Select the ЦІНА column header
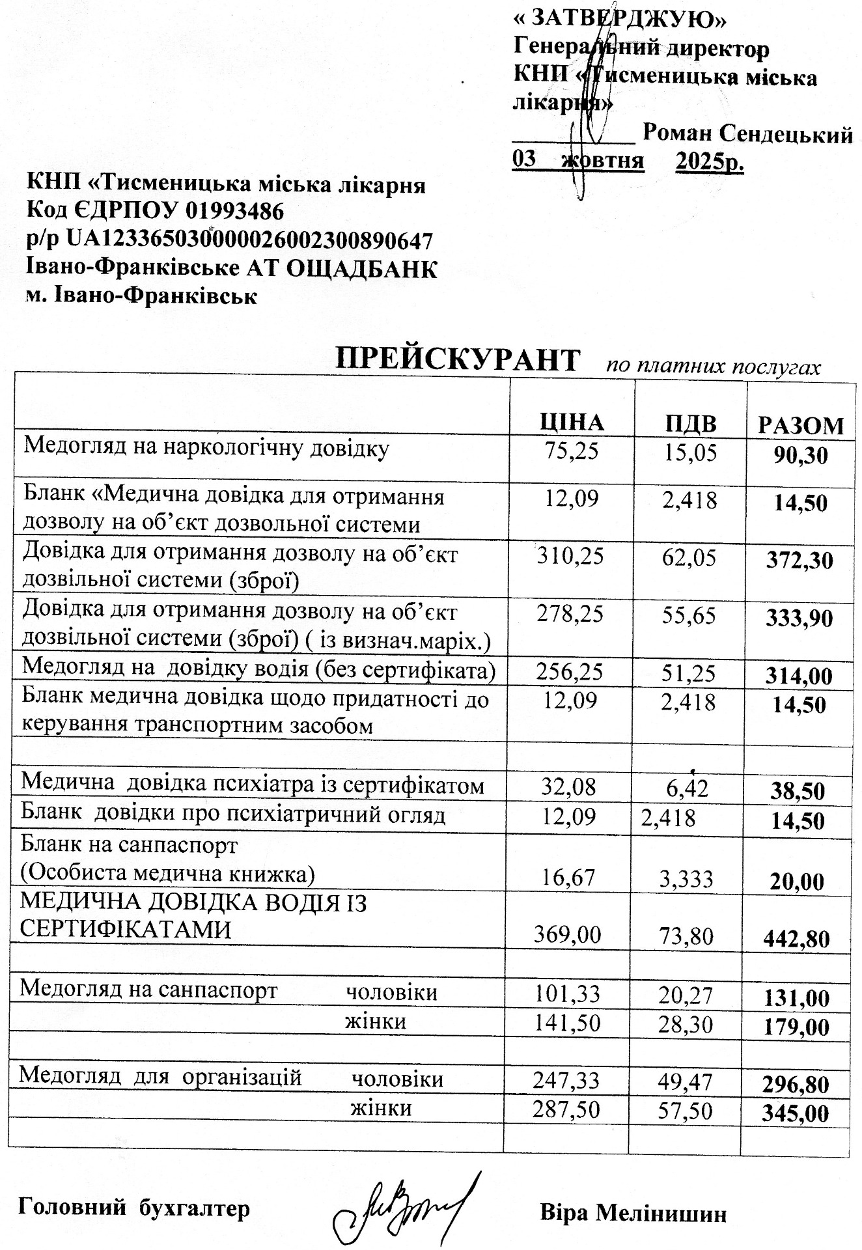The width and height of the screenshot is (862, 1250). (572, 423)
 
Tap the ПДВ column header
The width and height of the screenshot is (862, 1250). (691, 424)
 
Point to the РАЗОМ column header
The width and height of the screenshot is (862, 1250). (801, 426)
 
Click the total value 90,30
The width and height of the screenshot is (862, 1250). (801, 455)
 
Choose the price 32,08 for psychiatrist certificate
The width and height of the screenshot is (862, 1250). (569, 787)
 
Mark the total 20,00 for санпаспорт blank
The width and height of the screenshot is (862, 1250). (797, 882)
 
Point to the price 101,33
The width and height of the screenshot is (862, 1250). (567, 994)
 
